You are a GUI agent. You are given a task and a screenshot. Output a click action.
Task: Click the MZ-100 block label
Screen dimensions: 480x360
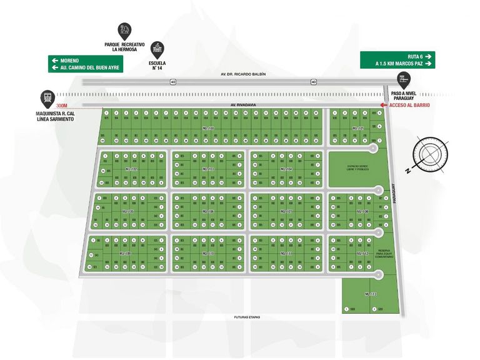pos(208,128)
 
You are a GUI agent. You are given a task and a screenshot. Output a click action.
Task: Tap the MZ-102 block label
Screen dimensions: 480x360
pos(131,169)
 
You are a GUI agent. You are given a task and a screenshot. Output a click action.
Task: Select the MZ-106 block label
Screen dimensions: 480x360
pos(208,211)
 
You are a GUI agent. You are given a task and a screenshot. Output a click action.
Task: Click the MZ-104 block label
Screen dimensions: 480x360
pos(286,169)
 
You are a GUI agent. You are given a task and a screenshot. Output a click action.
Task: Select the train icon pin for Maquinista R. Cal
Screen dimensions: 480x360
pos(47,97)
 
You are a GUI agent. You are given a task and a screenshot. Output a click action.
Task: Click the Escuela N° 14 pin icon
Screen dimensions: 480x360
pos(159,48)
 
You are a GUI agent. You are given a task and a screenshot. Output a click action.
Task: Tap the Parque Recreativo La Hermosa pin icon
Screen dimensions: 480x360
pos(124,30)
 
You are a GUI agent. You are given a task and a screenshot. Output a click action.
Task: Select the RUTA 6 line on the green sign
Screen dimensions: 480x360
pos(397,55)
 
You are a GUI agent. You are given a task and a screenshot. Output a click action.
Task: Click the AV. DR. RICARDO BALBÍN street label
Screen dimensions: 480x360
pos(243,74)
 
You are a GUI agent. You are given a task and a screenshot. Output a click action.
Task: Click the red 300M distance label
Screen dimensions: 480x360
pos(61,105)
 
